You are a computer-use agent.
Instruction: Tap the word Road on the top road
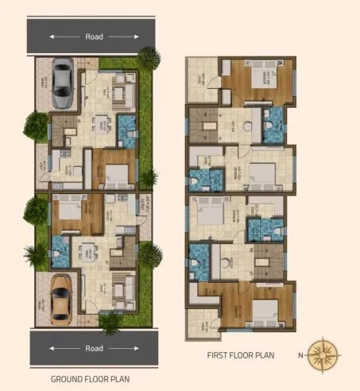click(93, 37)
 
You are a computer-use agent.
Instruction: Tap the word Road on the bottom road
click(93, 348)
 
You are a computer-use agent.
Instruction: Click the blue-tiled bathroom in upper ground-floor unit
click(127, 127)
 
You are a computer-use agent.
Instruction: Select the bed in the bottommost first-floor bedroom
click(259, 311)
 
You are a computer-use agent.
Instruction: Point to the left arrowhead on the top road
click(52, 37)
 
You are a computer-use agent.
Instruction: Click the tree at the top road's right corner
click(148, 56)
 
